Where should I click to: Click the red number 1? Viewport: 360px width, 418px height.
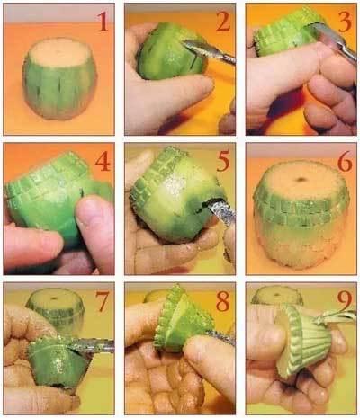coord(103,22)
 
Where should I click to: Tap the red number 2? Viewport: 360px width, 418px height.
coord(223,22)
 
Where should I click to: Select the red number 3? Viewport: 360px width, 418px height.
coord(345,22)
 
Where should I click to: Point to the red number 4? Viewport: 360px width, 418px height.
coord(103,161)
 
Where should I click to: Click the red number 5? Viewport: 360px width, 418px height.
coord(223,162)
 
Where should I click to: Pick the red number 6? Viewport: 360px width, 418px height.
coord(345,162)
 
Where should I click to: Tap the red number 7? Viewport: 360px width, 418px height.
coord(102,301)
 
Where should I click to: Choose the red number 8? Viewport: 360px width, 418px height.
coord(223,301)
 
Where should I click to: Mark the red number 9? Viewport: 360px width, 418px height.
coord(345,301)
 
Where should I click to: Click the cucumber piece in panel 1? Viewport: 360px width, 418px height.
coord(59,78)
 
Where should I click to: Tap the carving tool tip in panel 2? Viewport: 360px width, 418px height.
coord(186,44)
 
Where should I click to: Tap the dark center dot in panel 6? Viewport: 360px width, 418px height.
coord(301,180)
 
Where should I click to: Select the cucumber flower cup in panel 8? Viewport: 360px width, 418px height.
coord(183,321)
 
